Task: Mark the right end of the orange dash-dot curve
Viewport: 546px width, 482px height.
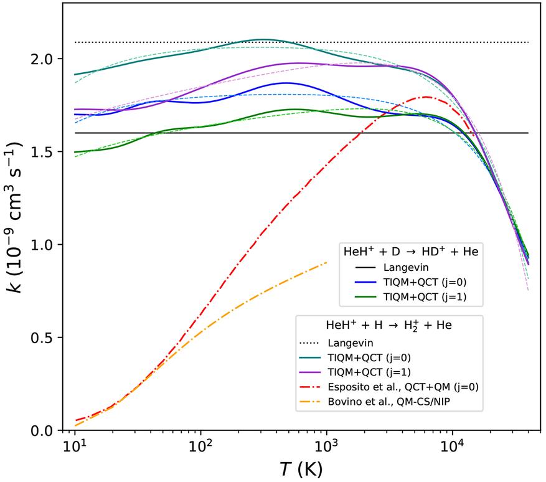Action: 326,263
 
